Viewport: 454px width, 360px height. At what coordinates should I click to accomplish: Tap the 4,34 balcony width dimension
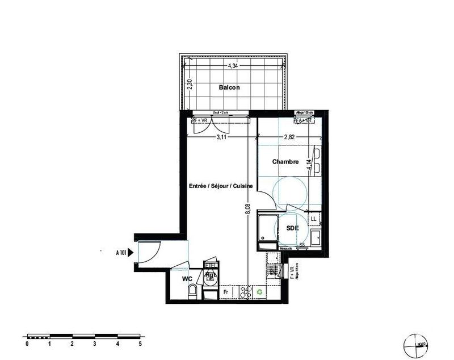(233, 66)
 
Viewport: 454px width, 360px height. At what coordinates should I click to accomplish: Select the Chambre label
(285, 162)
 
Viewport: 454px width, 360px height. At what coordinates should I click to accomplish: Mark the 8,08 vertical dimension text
(247, 210)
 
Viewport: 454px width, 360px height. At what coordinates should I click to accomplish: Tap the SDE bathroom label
(292, 228)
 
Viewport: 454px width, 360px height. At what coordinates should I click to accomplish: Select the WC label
(187, 279)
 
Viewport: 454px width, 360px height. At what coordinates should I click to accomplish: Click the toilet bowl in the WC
(192, 292)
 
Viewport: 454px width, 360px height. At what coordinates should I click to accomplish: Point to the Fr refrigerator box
(226, 292)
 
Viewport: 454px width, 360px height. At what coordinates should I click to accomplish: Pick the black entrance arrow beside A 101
(131, 254)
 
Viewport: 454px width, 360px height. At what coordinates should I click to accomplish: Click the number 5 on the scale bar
(140, 344)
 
